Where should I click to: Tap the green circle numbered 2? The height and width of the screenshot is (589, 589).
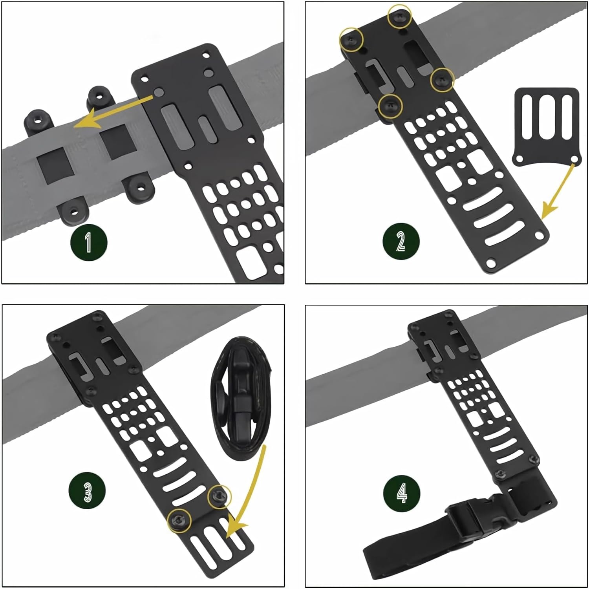[x=401, y=241]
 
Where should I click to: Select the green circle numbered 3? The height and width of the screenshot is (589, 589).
[x=88, y=491]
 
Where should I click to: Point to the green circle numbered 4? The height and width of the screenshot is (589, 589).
[x=401, y=493]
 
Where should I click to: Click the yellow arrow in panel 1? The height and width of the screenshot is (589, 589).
[x=114, y=111]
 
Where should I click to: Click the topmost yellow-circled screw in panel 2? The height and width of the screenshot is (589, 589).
[x=400, y=16]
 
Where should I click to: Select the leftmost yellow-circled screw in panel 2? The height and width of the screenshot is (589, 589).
[x=351, y=40]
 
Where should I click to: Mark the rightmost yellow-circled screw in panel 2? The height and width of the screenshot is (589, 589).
[x=442, y=80]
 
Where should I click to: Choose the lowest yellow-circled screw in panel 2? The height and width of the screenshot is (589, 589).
[x=391, y=106]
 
